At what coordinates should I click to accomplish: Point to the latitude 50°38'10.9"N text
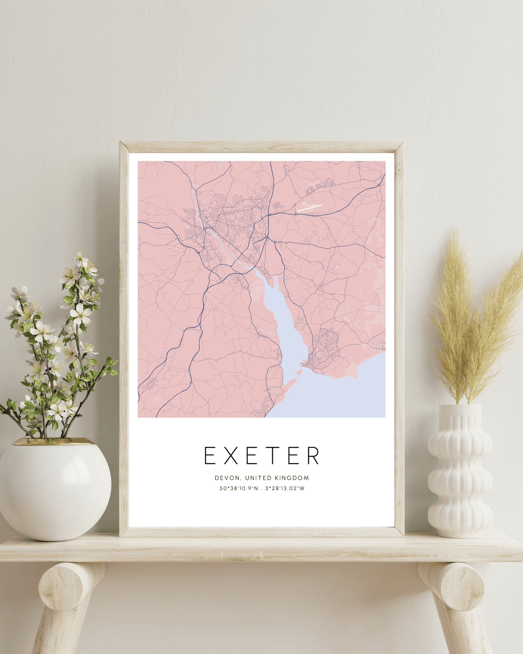239,489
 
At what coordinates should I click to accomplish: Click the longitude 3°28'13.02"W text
285,489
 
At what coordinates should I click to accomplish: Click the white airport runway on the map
309,208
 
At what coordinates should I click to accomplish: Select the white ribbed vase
460,471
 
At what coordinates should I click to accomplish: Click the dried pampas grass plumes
471,319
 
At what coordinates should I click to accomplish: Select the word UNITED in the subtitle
258,478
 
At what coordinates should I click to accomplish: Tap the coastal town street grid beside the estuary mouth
324,348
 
